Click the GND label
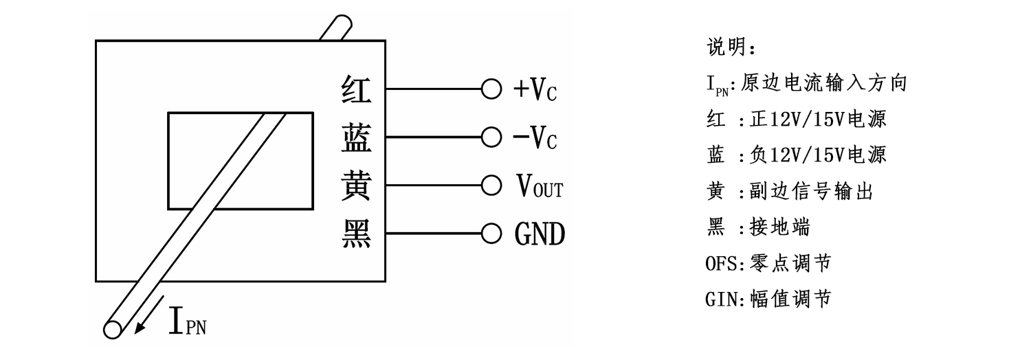point(540,234)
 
